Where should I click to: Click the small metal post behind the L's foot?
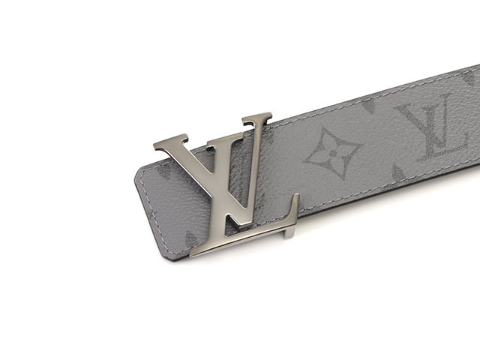point(288,232)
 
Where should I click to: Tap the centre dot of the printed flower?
point(333,152)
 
